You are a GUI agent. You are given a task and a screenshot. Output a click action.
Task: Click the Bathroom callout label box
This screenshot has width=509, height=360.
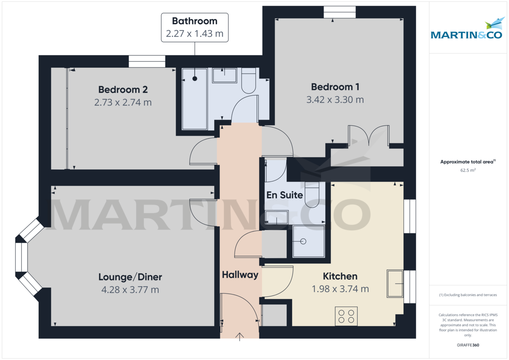point(195,27)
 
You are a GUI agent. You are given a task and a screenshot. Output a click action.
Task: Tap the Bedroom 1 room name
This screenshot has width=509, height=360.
point(335,87)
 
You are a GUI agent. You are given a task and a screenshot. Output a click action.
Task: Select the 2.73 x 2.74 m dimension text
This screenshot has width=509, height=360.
point(123,102)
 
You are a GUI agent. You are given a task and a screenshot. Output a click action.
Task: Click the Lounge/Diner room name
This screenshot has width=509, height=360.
point(130,277)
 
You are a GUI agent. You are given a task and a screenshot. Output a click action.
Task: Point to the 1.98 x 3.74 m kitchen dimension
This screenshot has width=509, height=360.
point(340,289)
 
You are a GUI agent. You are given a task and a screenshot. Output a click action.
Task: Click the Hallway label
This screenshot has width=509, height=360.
point(240,275)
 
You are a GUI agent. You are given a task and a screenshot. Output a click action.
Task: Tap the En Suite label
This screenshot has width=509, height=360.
point(285,195)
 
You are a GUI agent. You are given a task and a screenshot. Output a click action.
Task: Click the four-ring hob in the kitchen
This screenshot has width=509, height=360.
point(346,316)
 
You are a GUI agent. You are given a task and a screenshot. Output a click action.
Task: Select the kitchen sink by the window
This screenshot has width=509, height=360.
point(395,283)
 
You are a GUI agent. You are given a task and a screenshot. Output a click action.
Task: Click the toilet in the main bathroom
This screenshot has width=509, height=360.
point(248,81)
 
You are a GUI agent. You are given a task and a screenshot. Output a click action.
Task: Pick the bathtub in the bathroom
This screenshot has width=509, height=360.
point(195,98)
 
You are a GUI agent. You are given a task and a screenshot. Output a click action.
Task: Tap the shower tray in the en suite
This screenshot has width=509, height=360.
point(309,241)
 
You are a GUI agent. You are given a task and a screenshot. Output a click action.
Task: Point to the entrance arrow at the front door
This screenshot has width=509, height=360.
point(240,337)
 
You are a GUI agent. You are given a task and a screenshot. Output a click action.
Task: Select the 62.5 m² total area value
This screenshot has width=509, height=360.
point(468,170)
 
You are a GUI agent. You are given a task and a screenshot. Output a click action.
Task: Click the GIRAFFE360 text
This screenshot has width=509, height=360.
point(469,345)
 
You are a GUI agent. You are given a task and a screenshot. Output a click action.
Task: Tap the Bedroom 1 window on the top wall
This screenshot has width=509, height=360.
point(339,12)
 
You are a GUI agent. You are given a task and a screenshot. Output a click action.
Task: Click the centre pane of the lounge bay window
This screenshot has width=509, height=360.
point(21,257)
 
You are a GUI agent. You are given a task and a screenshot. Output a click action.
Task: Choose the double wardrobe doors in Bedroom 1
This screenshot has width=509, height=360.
point(368,136)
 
